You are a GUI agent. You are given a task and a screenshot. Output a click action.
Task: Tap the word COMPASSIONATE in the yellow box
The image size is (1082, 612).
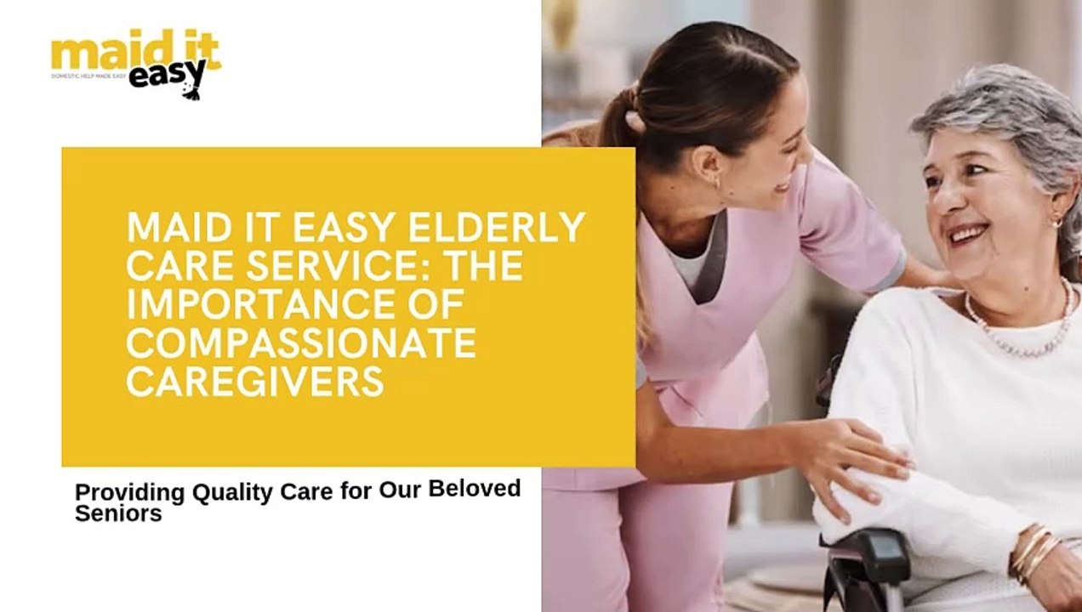click(x=300, y=343)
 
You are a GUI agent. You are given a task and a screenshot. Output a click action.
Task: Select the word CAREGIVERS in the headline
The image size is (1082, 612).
click(x=254, y=381)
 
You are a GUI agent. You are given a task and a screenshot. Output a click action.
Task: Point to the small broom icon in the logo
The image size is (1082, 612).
click(x=194, y=88)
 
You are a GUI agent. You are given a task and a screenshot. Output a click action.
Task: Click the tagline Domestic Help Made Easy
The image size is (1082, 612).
click(x=88, y=76)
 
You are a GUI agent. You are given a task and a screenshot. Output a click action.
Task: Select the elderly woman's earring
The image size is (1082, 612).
click(x=1057, y=222)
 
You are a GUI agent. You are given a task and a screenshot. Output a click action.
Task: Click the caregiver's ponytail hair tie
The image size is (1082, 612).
click(x=634, y=122)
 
